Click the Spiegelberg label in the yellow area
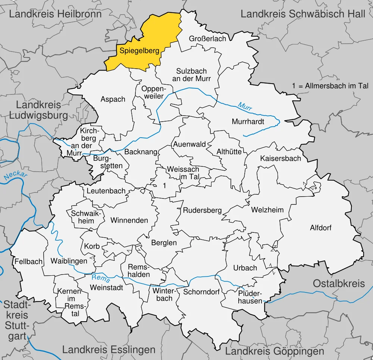[x=139, y=51]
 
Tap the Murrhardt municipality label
[x=248, y=122]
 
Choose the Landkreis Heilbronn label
[x=55, y=14]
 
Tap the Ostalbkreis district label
[x=339, y=284]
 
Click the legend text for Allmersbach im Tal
[x=330, y=86]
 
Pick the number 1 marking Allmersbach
[x=164, y=185]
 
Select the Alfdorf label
[x=321, y=228]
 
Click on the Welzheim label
[x=267, y=210]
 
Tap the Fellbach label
[x=29, y=262]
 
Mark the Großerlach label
[x=207, y=39]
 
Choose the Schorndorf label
[x=201, y=292]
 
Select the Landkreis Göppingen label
[x=275, y=351]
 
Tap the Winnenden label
[x=129, y=220]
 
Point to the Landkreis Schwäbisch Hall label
[x=303, y=14]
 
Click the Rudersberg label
[x=202, y=210]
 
